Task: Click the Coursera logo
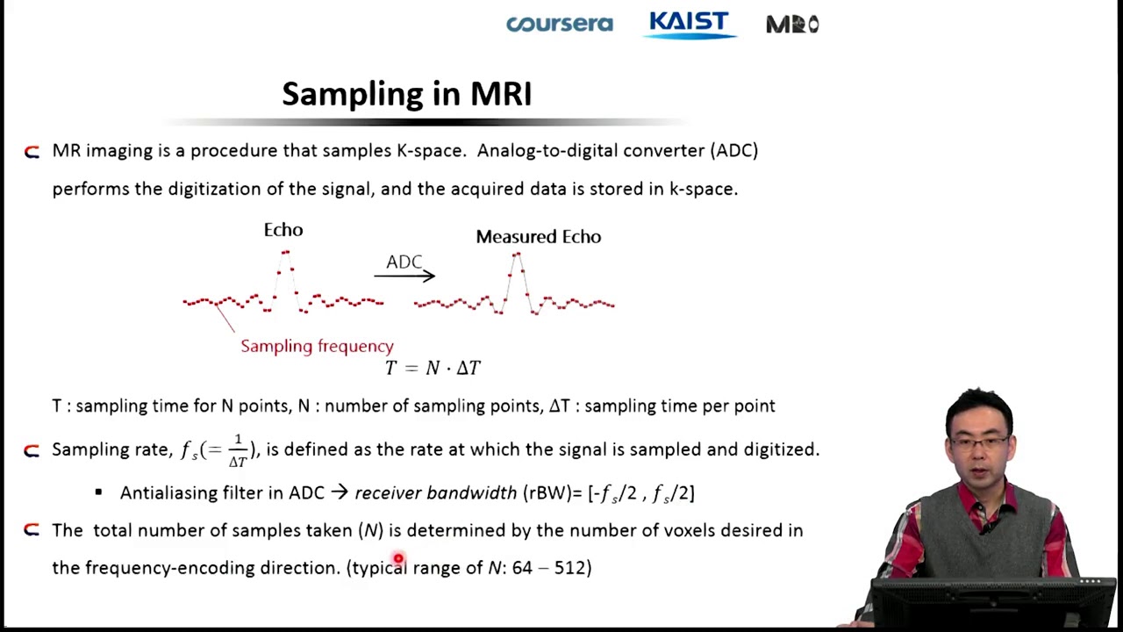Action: point(559,24)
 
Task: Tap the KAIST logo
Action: point(689,24)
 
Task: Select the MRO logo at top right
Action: point(792,25)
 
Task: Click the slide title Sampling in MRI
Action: point(406,94)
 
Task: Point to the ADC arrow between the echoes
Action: point(404,276)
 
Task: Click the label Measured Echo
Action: point(538,237)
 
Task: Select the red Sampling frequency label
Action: point(317,346)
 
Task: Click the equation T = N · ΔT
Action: point(433,368)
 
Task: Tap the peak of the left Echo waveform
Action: point(285,253)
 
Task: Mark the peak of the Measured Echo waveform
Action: point(517,255)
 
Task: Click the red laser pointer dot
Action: point(398,558)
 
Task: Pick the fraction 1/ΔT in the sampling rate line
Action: point(237,450)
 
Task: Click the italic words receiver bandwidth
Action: point(435,492)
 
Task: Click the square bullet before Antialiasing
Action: point(98,492)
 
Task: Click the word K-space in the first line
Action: point(430,150)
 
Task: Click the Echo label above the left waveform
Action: point(283,230)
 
